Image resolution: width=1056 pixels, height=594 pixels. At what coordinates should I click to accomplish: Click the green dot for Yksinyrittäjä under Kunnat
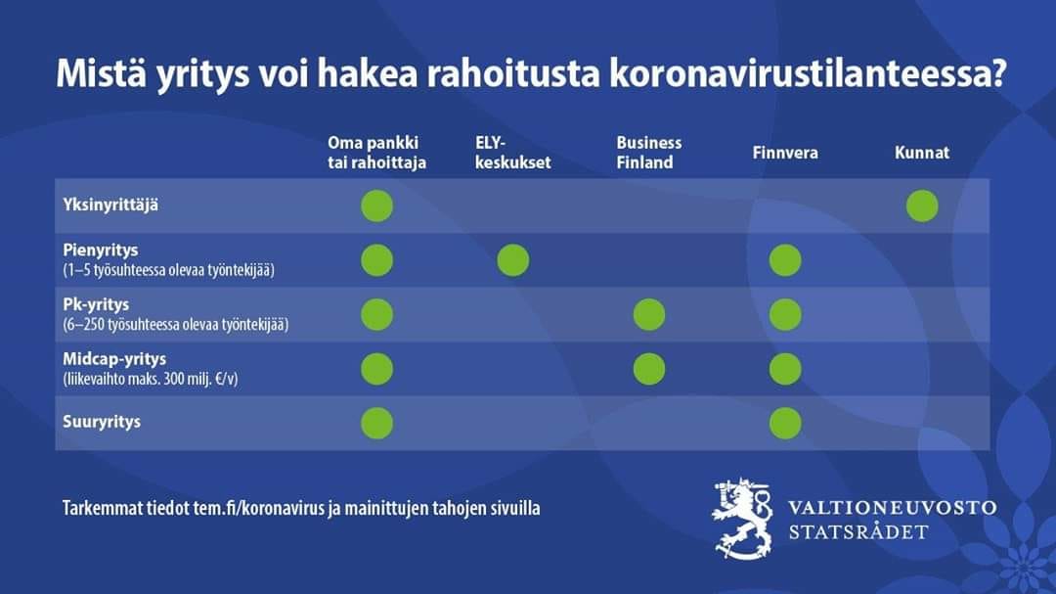[922, 206]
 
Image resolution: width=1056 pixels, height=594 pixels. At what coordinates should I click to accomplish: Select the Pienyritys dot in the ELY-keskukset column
[513, 260]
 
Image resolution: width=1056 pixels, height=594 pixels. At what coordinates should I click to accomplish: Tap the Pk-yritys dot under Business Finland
[649, 315]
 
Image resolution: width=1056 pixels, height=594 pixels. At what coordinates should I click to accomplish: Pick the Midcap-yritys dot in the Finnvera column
[785, 370]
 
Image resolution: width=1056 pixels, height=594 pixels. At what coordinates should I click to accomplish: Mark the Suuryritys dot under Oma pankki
[377, 424]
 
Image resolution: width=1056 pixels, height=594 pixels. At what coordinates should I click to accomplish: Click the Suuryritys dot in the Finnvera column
[785, 424]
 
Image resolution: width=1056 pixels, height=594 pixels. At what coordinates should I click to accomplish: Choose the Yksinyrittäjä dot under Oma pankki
[377, 206]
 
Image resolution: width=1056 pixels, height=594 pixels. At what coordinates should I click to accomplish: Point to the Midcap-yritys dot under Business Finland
[649, 370]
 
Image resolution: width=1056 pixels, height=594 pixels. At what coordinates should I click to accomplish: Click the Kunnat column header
[922, 153]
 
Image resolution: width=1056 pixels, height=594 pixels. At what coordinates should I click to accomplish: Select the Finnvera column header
[785, 153]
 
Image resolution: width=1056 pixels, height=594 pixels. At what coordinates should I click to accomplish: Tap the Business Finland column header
[648, 153]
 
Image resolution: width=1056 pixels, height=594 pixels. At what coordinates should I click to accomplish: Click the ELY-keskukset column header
[512, 153]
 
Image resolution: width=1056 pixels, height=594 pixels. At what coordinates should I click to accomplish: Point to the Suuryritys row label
[102, 422]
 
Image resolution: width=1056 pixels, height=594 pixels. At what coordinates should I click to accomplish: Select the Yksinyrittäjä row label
[110, 205]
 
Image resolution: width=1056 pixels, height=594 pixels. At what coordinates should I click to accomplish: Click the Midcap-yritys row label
[114, 359]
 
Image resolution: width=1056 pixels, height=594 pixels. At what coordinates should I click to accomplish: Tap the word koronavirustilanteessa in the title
[808, 73]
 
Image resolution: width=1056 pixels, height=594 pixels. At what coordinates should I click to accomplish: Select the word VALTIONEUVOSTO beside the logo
[893, 508]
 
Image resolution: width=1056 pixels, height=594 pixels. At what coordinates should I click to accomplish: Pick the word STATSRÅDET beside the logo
[858, 532]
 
